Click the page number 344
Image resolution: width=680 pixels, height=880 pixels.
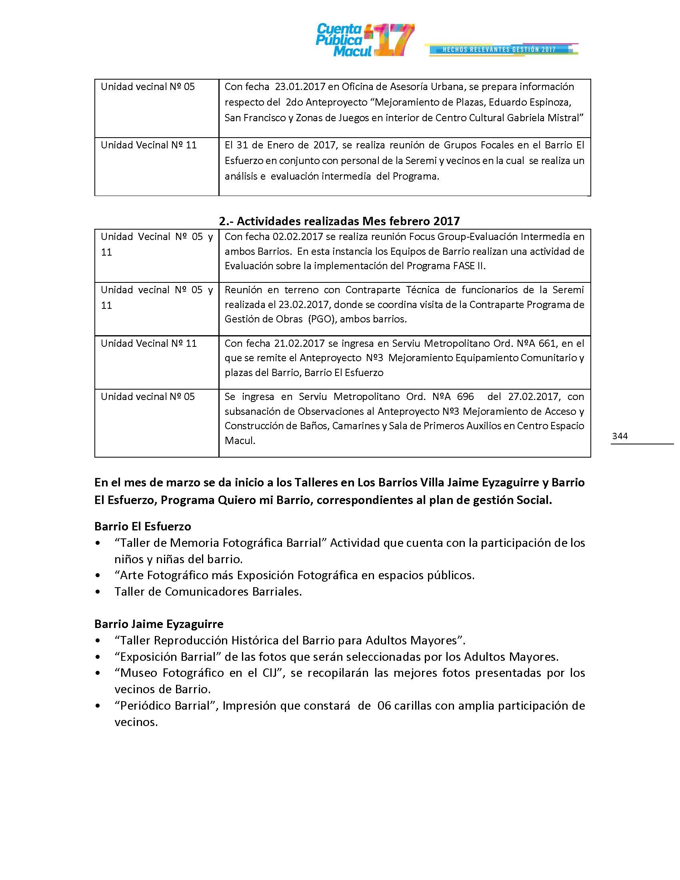pos(620,436)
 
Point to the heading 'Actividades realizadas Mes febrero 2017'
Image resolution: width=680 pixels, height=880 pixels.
pos(339,221)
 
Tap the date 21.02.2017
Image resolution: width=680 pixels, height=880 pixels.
pos(299,343)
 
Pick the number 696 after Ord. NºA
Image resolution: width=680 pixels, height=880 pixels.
pos(465,396)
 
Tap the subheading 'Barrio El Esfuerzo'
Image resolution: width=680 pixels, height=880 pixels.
pos(143,526)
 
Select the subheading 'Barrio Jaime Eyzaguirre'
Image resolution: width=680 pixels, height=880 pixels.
pos(159,624)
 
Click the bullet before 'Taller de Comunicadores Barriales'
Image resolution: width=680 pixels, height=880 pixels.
pos(98,592)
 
